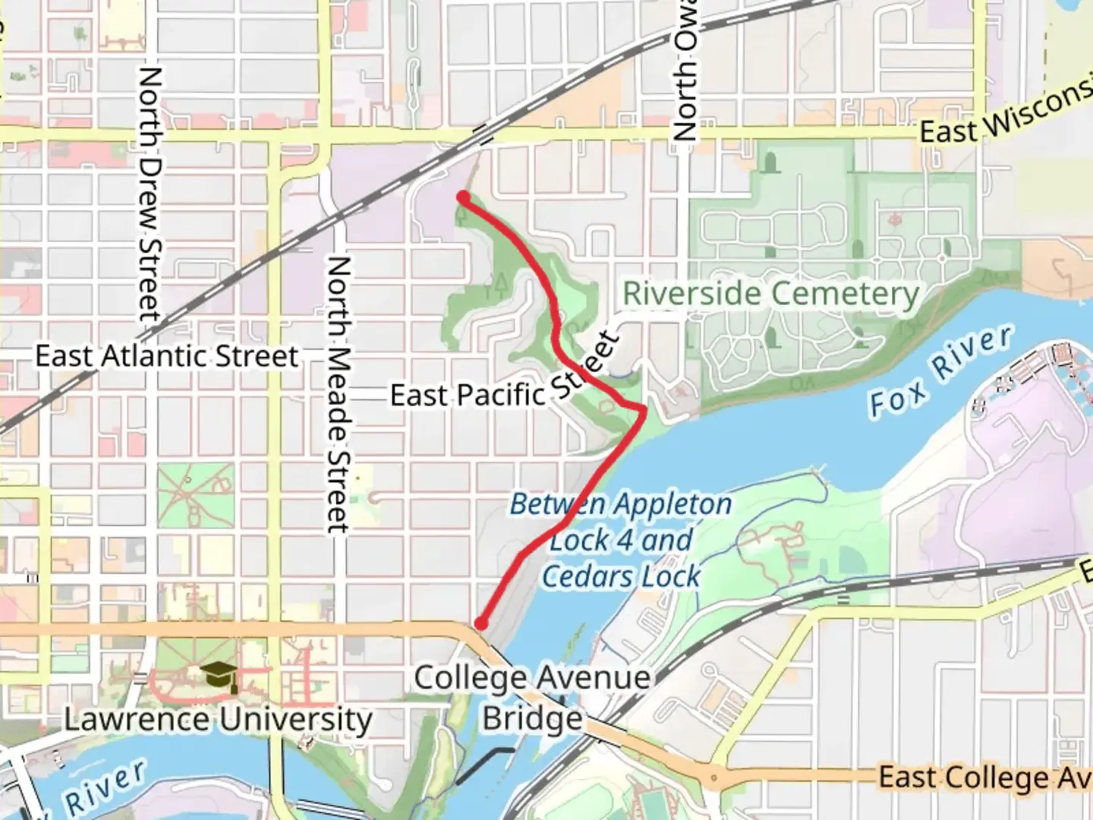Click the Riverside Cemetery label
pos(770,294)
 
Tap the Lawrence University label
pos(218,718)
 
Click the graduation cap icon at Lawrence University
pos(218,673)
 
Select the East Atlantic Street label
pos(167,355)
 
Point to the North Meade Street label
pos(339,395)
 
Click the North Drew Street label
pos(150,194)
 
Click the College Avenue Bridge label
pos(532,697)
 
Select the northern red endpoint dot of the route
pos(462,198)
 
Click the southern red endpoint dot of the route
pos(480,624)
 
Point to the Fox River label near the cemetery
pos(940,372)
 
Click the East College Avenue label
pos(985,777)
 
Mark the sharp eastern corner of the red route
pos(644,411)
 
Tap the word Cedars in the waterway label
pos(588,576)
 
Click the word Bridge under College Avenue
pos(532,718)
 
